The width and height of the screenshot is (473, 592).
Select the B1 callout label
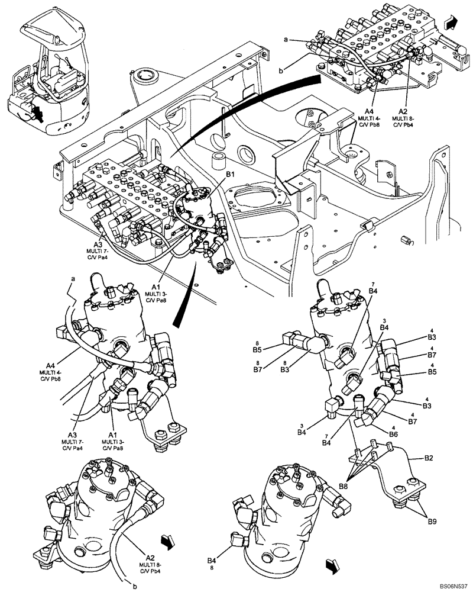click(x=230, y=175)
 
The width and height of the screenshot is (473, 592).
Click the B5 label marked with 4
click(x=433, y=372)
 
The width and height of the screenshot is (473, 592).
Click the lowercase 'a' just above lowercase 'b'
click(x=286, y=39)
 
